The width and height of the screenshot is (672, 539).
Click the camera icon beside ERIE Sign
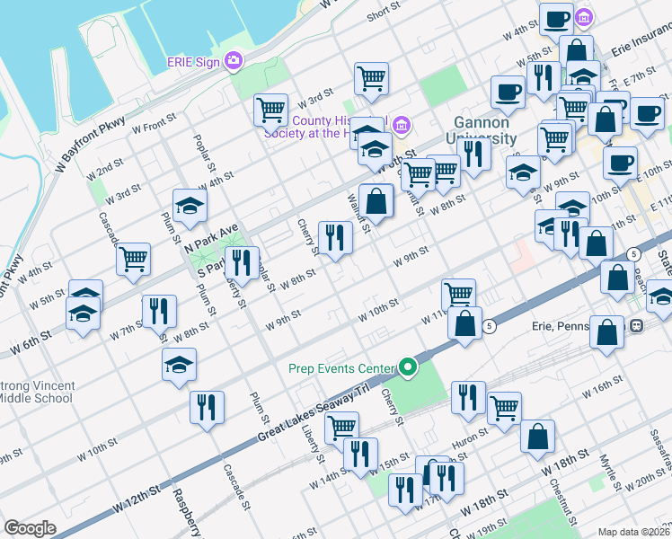click(x=234, y=62)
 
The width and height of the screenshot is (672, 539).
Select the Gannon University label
click(x=482, y=130)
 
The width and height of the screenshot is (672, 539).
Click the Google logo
click(x=30, y=528)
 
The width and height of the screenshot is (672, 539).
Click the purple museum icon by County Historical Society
click(x=402, y=122)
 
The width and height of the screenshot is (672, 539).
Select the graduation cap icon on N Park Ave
click(x=190, y=206)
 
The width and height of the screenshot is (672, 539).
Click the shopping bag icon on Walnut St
click(x=376, y=200)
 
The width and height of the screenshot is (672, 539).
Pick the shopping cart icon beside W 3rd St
click(x=270, y=110)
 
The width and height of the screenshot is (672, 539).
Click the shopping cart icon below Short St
click(x=370, y=78)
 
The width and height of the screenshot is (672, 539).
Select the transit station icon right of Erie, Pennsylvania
click(x=636, y=325)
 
